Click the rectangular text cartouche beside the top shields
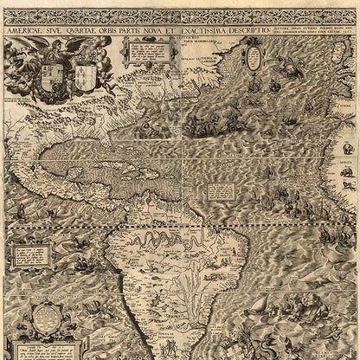coord(141,53)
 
